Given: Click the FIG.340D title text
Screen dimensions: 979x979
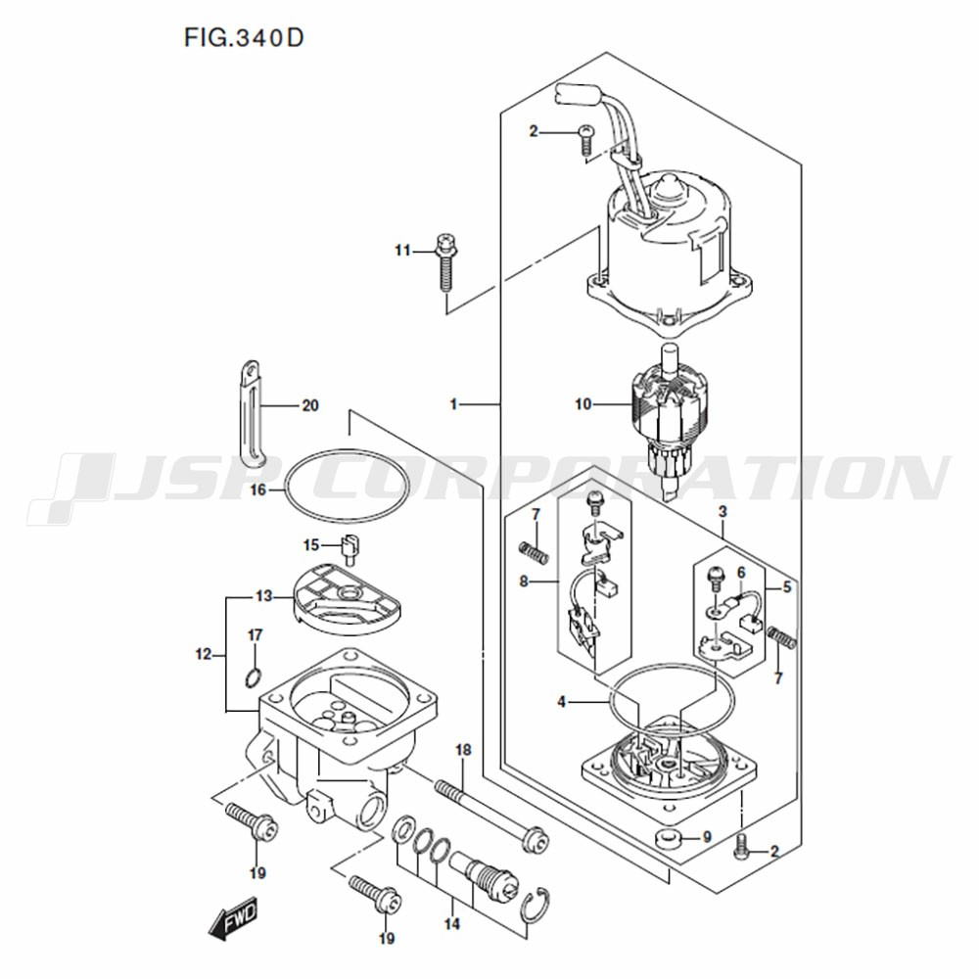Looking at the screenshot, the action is pyautogui.click(x=244, y=38).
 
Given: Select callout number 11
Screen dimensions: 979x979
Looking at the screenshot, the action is pyautogui.click(x=402, y=251).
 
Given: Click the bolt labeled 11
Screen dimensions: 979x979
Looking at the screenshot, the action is pyautogui.click(x=445, y=262).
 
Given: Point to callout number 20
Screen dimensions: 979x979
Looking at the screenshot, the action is pyautogui.click(x=310, y=406).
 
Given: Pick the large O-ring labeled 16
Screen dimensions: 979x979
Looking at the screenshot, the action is pyautogui.click(x=348, y=485).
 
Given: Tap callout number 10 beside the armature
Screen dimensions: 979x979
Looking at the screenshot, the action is pyautogui.click(x=583, y=404).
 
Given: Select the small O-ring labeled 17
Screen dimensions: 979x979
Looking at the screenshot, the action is pyautogui.click(x=253, y=676).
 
